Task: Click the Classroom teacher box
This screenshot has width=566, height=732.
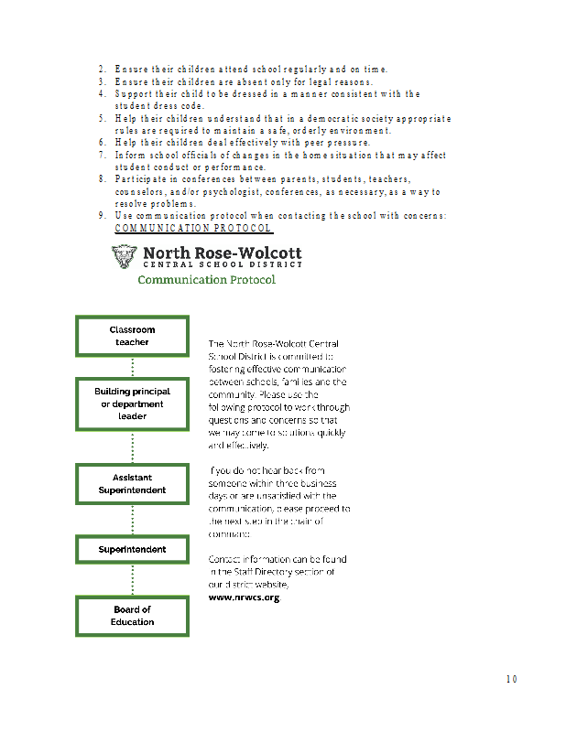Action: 133,336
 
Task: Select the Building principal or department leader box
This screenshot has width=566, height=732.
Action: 133,404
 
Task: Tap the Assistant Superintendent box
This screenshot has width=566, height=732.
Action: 133,484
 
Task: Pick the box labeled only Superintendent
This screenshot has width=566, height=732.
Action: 133,549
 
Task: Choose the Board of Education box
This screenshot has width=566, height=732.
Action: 133,616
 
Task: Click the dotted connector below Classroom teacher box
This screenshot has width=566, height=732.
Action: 133,367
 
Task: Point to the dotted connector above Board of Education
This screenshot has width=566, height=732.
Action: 133,579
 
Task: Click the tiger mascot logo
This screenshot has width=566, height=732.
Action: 125,257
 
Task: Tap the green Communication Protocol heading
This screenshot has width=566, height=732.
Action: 206,279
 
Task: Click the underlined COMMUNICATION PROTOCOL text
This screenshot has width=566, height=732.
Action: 192,228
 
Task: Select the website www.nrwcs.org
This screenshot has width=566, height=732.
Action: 244,597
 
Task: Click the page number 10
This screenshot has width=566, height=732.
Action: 511,679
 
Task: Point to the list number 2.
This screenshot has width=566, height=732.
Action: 102,69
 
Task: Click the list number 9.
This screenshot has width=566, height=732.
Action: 102,215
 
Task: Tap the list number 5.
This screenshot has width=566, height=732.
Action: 102,119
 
